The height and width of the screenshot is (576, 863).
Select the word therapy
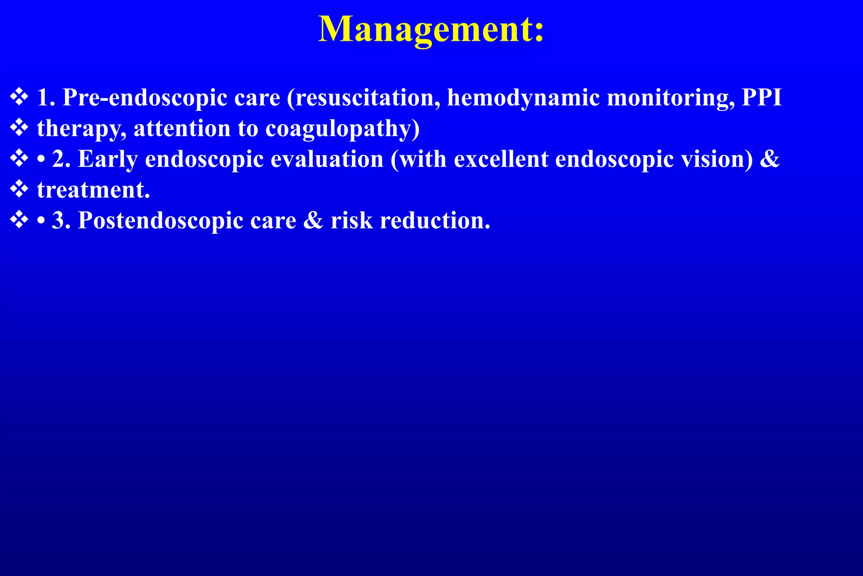[81, 129]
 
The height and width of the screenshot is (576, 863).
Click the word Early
[108, 159]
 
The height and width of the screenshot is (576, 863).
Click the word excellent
[501, 159]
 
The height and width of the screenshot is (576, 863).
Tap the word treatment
[93, 190]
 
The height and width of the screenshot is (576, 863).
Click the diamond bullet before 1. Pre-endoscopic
[19, 97]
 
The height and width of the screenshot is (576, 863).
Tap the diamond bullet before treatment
[19, 190]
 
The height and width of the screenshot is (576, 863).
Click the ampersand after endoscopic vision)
[771, 159]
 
